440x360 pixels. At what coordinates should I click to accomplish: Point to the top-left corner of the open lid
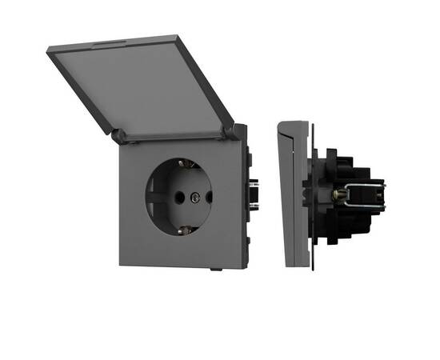click(50, 50)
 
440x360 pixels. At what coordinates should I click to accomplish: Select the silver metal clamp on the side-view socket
click(362, 196)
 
